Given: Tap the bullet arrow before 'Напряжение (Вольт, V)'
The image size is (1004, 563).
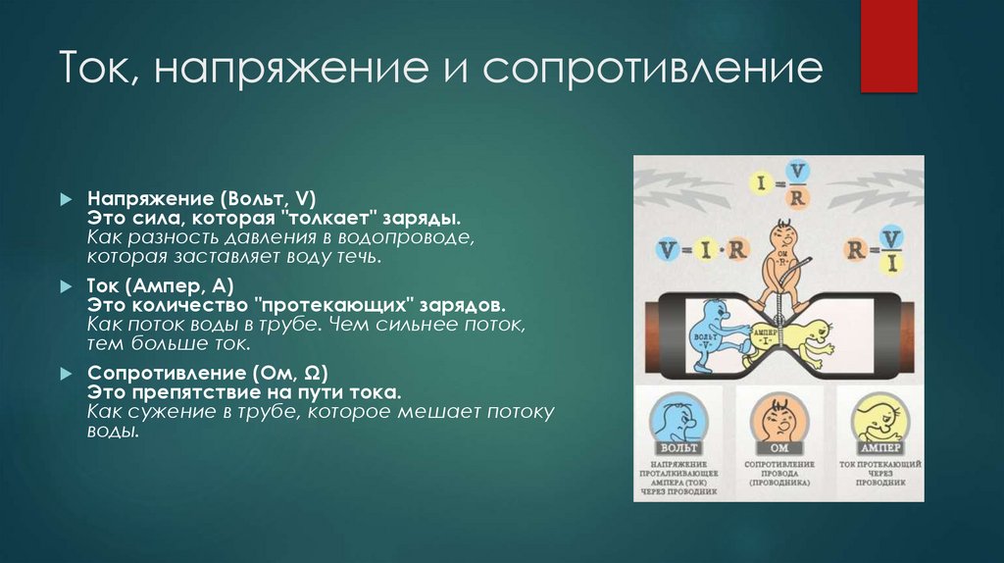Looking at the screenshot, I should coord(65,197).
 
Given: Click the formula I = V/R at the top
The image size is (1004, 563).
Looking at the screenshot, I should coord(778,185).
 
